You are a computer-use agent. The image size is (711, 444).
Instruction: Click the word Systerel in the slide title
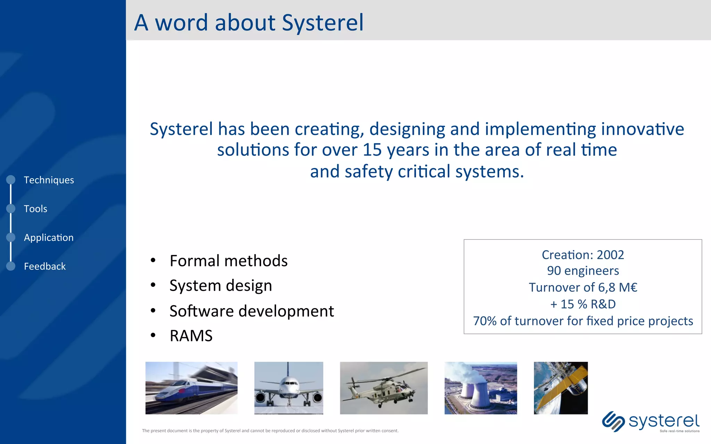pyautogui.click(x=323, y=23)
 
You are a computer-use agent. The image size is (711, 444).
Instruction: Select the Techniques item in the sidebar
pyautogui.click(x=49, y=180)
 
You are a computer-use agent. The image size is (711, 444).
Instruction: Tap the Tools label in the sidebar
pyautogui.click(x=35, y=209)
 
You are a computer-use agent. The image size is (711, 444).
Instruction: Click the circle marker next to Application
pyautogui.click(x=11, y=237)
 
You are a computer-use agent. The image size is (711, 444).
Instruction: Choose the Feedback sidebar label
pyautogui.click(x=44, y=266)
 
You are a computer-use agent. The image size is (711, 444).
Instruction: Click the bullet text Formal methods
pyautogui.click(x=228, y=261)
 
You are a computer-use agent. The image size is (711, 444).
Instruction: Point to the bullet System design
pyautogui.click(x=220, y=286)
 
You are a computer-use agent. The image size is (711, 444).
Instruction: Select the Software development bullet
pyautogui.click(x=251, y=311)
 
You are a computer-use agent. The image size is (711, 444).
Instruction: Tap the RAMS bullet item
pyautogui.click(x=191, y=336)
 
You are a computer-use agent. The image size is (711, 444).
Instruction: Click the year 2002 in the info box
pyautogui.click(x=610, y=255)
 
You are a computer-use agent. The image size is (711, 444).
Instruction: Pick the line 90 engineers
pyautogui.click(x=583, y=271)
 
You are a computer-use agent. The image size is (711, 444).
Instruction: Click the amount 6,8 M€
pyautogui.click(x=618, y=288)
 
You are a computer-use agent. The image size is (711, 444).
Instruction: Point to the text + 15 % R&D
pyautogui.click(x=583, y=304)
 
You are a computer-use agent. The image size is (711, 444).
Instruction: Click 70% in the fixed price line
pyautogui.click(x=485, y=321)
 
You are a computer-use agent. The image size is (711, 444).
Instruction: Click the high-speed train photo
pyautogui.click(x=191, y=388)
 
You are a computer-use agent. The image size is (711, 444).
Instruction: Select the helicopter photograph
pyautogui.click(x=384, y=388)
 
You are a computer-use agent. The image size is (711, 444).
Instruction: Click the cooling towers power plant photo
pyautogui.click(x=480, y=388)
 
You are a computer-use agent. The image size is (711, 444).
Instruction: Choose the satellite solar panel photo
pyautogui.click(x=561, y=388)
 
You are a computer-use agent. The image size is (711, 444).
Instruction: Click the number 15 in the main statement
pyautogui.click(x=372, y=150)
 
